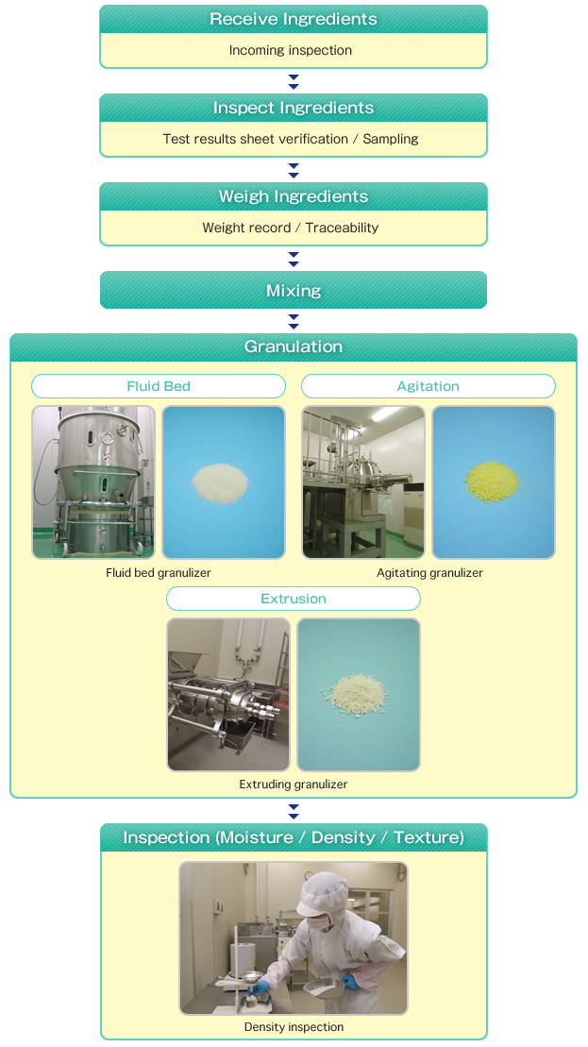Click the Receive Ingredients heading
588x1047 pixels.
click(294, 20)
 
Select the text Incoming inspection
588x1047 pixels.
click(291, 51)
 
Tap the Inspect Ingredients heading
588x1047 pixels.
click(294, 109)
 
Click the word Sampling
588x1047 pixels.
click(391, 140)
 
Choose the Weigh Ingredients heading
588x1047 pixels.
click(294, 197)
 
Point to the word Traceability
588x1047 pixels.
click(342, 228)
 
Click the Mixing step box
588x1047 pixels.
click(294, 291)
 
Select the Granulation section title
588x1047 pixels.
click(294, 347)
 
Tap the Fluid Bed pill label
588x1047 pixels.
click(159, 386)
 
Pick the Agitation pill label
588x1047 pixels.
click(428, 386)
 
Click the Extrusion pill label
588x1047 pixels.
click(294, 599)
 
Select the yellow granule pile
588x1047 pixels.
click(493, 481)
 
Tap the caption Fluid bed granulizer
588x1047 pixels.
click(159, 573)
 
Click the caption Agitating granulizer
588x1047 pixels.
click(429, 573)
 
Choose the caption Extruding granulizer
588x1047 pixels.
click(294, 785)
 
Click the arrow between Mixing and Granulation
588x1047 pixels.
click(294, 321)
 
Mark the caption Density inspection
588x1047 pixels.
click(294, 1027)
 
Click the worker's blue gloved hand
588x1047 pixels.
click(350, 982)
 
